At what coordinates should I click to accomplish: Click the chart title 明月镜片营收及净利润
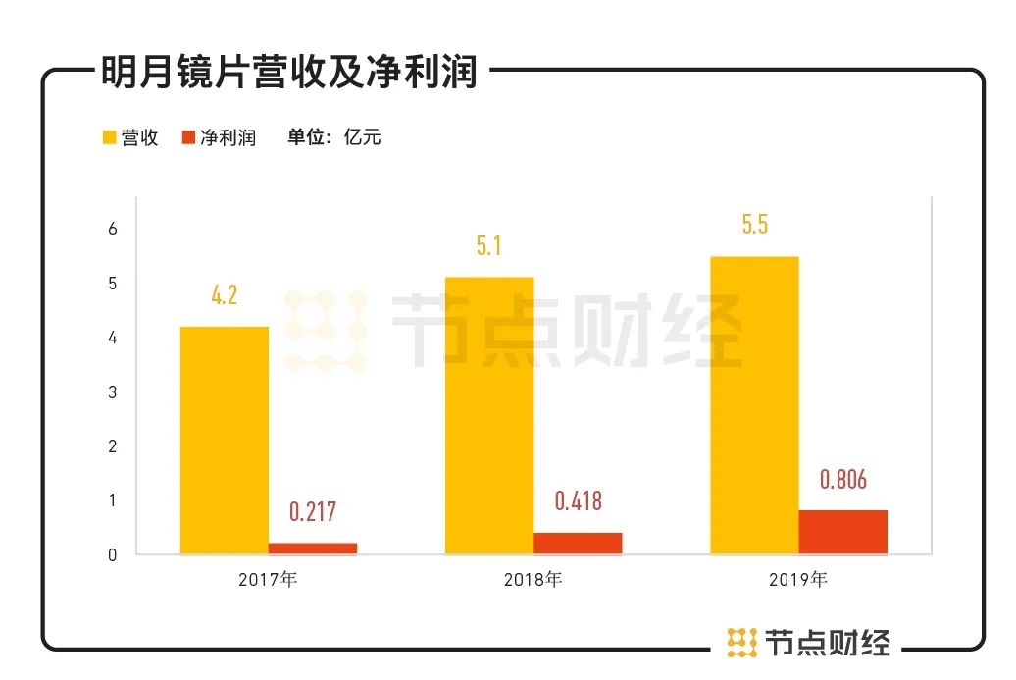[289, 72]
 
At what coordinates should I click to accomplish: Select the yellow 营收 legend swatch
[109, 138]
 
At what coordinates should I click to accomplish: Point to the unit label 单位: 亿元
[333, 138]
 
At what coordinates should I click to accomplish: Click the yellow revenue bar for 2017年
[224, 440]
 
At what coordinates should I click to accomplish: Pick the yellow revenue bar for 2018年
[489, 415]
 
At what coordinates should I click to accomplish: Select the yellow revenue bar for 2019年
[754, 405]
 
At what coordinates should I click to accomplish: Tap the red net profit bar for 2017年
[313, 549]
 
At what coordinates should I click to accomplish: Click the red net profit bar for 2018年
[578, 543]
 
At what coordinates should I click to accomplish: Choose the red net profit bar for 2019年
[842, 532]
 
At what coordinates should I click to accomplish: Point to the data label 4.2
[225, 294]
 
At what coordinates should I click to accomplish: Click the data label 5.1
[488, 245]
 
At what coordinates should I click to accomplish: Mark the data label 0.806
[843, 480]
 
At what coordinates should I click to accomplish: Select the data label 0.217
[313, 512]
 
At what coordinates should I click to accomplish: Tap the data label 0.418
[578, 501]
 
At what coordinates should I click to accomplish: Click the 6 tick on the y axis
[113, 229]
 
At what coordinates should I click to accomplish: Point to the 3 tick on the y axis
[113, 392]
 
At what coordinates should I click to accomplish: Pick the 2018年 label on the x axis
[533, 580]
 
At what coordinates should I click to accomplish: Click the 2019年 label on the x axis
[797, 580]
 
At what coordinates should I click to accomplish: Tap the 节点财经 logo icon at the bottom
[742, 643]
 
